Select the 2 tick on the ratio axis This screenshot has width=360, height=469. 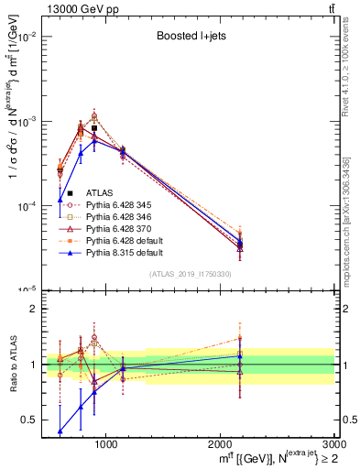tap(34, 309)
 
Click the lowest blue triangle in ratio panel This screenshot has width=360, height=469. tap(60, 431)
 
